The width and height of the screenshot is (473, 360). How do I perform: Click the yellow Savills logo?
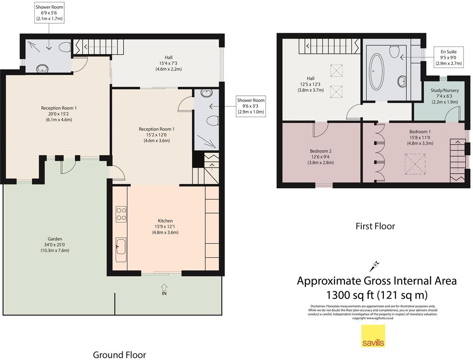373,336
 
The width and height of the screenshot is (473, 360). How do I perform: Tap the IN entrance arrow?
164,287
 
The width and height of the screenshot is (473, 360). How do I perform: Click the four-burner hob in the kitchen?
121,214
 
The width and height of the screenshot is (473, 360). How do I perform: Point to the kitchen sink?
121,250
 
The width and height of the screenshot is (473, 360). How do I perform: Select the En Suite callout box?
449,57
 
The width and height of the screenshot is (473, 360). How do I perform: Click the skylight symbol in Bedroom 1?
415,164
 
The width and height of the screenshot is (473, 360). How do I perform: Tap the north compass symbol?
375,266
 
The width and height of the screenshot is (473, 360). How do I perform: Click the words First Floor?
375,226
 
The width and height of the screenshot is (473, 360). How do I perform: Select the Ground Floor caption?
119,355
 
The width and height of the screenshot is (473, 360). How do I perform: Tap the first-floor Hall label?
310,84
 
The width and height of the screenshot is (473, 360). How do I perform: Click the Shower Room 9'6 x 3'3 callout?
251,106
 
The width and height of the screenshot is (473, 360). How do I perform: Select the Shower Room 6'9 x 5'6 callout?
49,13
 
